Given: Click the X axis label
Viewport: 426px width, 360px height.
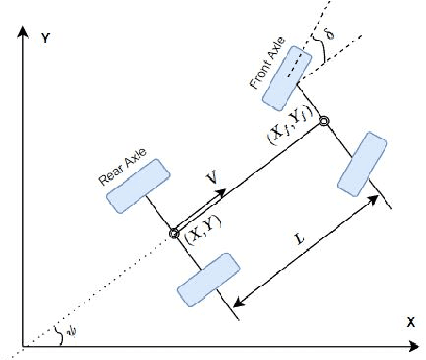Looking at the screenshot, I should click(x=411, y=322).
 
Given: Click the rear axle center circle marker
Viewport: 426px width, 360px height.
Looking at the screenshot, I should click(x=173, y=233).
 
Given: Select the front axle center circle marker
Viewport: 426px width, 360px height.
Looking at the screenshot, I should click(x=324, y=121).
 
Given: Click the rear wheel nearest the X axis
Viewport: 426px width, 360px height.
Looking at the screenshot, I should click(x=206, y=279).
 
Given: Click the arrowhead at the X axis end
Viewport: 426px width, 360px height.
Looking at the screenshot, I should click(x=418, y=347).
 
